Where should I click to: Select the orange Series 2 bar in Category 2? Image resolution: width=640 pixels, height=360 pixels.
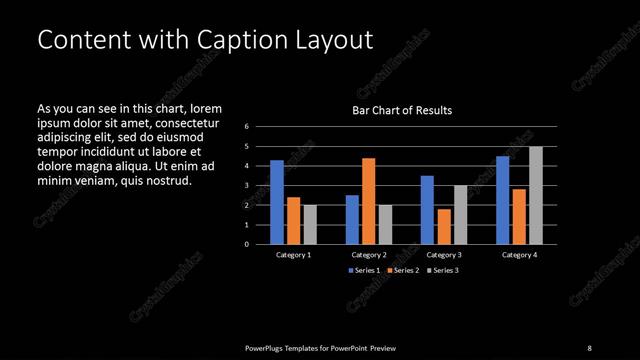368,201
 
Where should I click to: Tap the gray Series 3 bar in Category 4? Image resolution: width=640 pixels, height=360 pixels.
535,195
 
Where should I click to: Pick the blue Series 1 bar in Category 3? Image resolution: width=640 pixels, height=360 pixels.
427,210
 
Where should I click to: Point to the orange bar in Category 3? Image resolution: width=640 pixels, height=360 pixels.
443,226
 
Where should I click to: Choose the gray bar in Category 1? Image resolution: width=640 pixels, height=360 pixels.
309,224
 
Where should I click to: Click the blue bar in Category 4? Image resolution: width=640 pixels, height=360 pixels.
502,200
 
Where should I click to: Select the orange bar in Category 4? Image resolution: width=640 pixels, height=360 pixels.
518,216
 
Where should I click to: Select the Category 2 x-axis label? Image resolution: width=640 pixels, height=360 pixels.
368,255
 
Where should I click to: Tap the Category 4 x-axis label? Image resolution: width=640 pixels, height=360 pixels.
518,255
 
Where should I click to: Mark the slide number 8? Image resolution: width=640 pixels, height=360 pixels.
589,347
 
